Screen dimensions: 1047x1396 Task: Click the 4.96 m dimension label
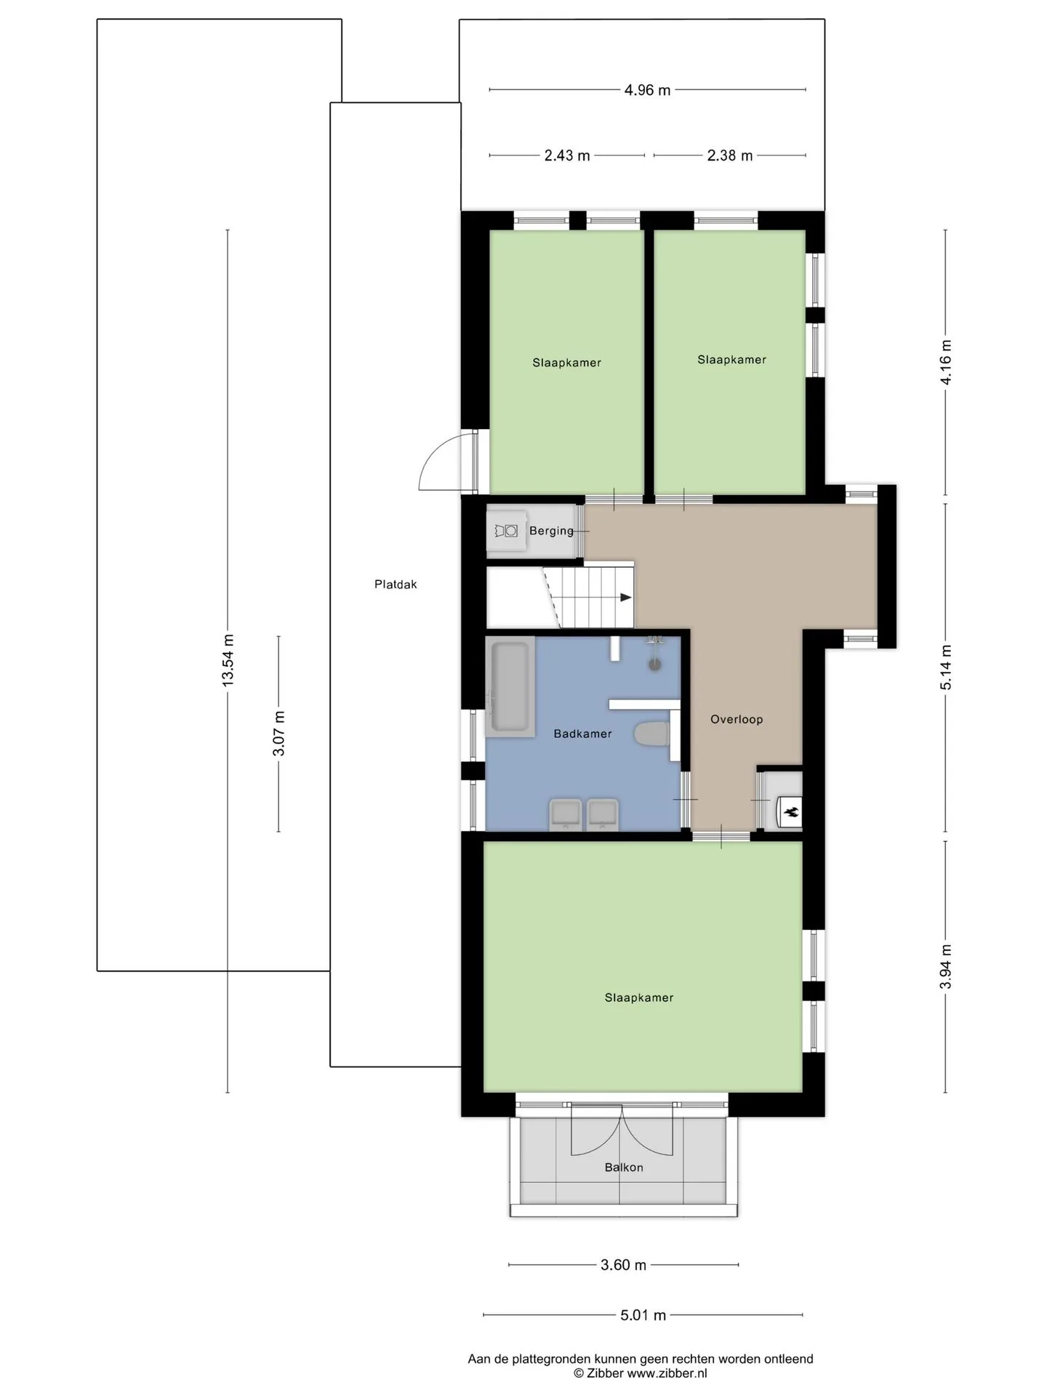click(x=647, y=90)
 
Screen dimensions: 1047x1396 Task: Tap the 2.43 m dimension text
click(x=567, y=156)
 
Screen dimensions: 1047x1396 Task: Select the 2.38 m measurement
click(x=730, y=156)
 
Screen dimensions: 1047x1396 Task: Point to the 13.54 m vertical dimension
click(x=228, y=660)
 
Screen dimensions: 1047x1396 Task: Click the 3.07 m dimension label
click(x=279, y=733)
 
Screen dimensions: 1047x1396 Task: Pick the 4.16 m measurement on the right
click(x=946, y=362)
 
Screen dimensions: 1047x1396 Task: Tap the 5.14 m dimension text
click(x=946, y=667)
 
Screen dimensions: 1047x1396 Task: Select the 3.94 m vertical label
click(x=946, y=967)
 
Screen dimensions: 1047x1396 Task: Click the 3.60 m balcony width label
click(x=623, y=1265)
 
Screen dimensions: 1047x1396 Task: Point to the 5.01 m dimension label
click(x=643, y=1315)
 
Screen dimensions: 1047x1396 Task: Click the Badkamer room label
click(x=582, y=734)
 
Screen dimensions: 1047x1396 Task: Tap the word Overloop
click(x=737, y=720)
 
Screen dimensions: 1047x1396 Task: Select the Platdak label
click(x=396, y=585)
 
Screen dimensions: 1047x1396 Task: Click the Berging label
click(x=551, y=531)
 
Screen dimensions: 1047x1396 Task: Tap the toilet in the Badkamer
click(x=651, y=734)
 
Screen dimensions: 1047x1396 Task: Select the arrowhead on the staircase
click(x=625, y=598)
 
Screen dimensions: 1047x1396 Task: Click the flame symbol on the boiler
click(x=792, y=811)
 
